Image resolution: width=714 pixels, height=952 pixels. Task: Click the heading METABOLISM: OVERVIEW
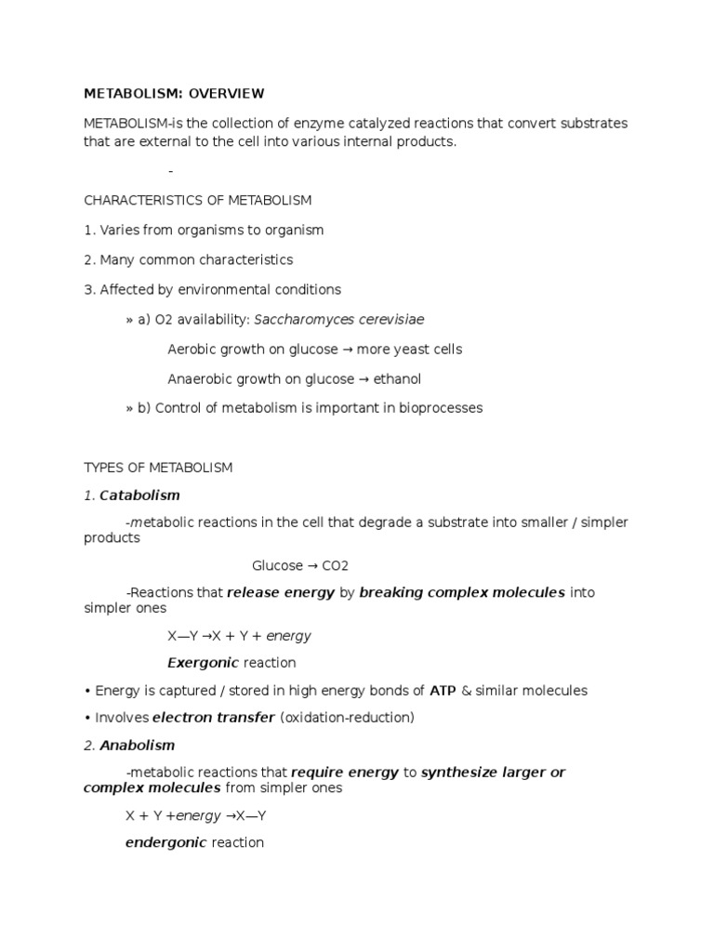pos(174,94)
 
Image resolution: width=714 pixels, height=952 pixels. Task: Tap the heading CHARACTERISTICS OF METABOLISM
pos(198,201)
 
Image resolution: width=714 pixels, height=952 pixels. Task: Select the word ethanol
pos(399,379)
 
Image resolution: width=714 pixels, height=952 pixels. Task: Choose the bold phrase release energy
pos(281,592)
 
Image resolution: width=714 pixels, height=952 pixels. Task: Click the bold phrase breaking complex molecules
pos(461,592)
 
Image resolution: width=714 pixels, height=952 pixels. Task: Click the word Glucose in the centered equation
pos(277,566)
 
